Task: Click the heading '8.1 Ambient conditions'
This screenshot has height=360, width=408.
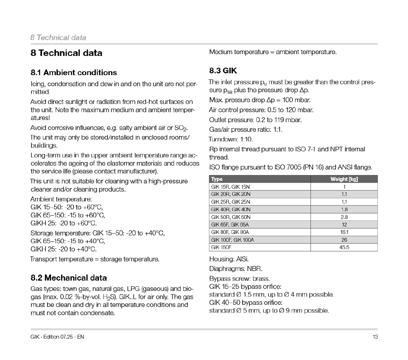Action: (x=74, y=73)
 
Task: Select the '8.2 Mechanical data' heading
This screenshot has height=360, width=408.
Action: (x=69, y=278)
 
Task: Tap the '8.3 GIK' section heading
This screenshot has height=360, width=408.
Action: (x=223, y=71)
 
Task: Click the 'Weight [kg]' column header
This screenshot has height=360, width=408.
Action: (x=344, y=179)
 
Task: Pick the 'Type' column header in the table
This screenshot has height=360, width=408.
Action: (x=217, y=179)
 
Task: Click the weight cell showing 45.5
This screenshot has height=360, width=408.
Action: (x=344, y=247)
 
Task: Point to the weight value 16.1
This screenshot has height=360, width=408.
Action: (x=344, y=232)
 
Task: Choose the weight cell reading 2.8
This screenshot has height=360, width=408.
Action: (x=344, y=217)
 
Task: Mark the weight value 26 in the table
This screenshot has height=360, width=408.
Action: (x=344, y=240)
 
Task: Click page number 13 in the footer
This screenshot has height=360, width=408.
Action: (x=375, y=337)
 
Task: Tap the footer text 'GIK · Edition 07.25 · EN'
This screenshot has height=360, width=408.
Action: (x=57, y=337)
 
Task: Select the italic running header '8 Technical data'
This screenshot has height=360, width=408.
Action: (x=58, y=37)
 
